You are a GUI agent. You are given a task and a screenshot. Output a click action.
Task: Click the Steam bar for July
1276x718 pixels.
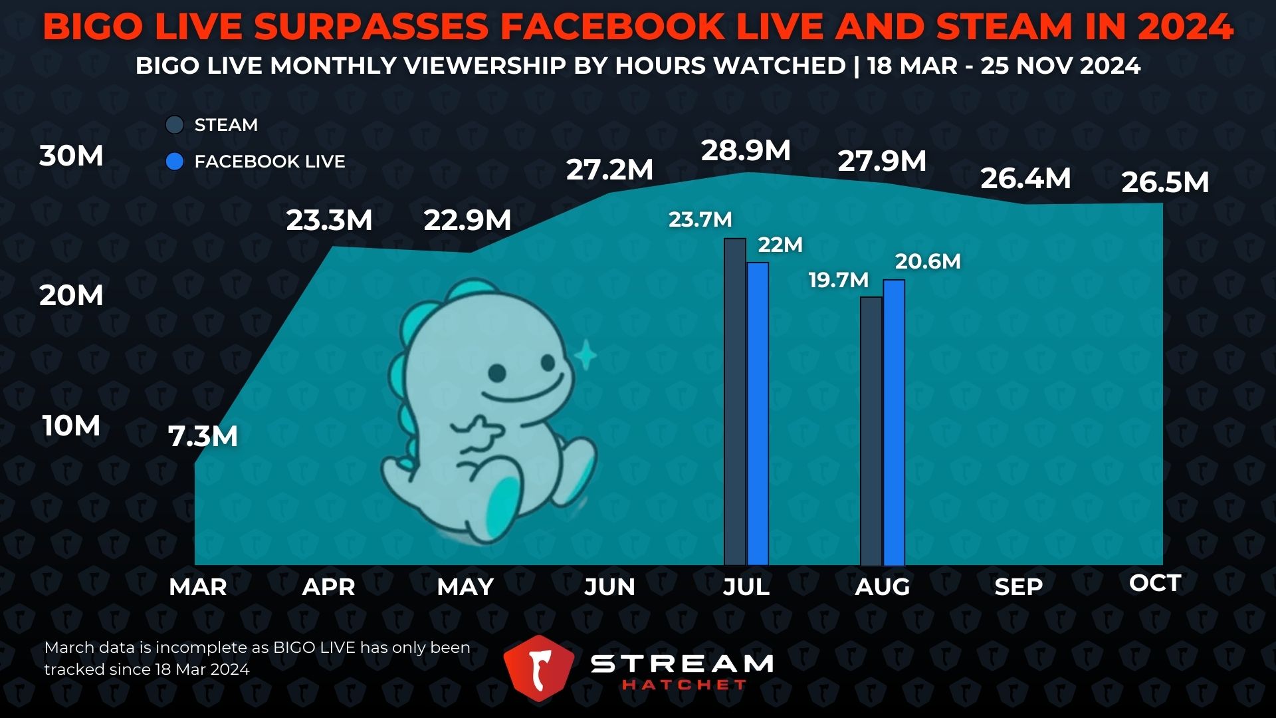[x=735, y=402]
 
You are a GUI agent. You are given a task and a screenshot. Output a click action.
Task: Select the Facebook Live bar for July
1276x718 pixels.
[x=758, y=414]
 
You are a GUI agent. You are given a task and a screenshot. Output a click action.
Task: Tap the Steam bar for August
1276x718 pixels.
[x=871, y=431]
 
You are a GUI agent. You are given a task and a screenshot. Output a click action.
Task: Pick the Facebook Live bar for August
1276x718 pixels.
[x=894, y=422]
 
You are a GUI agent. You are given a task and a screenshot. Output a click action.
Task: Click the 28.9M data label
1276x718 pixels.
[x=746, y=151]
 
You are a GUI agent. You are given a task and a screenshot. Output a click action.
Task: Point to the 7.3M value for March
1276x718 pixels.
[x=203, y=437]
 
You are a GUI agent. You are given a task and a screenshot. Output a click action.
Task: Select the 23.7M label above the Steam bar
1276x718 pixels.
[x=700, y=219]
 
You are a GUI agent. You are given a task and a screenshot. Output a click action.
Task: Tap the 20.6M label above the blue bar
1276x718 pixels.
[x=928, y=261]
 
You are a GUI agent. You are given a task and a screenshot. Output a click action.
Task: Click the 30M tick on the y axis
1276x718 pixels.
[x=71, y=156]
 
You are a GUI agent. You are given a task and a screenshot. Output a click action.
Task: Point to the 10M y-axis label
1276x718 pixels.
[x=71, y=426]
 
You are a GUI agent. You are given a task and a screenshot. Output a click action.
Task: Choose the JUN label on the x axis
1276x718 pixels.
[x=609, y=587]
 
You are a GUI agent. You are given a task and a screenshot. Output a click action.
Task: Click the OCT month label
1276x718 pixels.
[x=1154, y=583]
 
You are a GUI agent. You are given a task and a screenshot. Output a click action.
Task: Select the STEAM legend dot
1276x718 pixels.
[x=175, y=125]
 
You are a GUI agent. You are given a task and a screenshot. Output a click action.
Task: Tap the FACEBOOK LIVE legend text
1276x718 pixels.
[x=269, y=162]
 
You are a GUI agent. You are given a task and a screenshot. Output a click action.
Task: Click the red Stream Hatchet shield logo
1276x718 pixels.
[x=538, y=668]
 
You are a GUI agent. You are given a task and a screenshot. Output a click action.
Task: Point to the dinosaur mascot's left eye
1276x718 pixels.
[x=497, y=373]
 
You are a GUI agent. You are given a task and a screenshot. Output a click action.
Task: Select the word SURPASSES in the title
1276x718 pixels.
[x=371, y=27]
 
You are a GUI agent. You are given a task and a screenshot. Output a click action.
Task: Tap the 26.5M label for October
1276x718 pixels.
[x=1165, y=183]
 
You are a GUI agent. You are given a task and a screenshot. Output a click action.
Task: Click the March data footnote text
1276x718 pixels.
[x=257, y=658]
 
